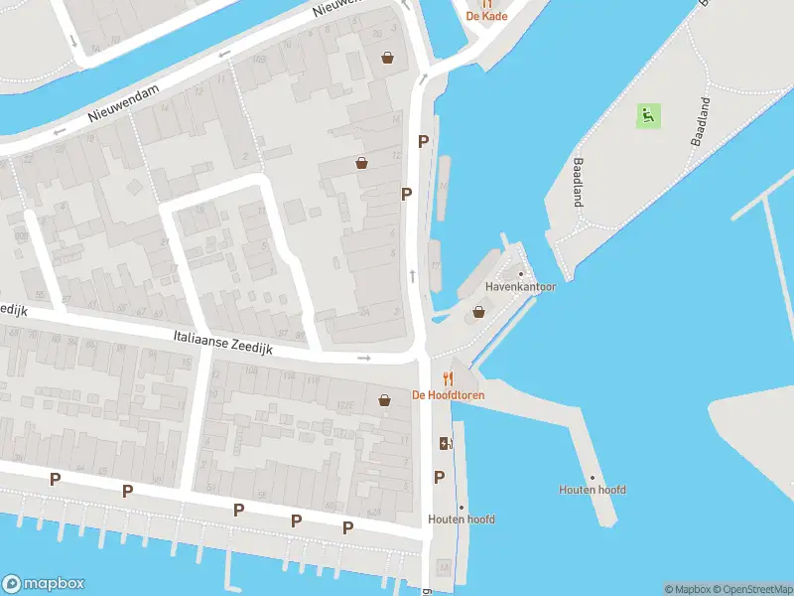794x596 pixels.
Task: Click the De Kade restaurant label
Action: click(x=487, y=17)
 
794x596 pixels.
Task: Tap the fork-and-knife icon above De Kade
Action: click(x=487, y=3)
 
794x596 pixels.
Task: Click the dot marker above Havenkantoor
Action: click(x=520, y=274)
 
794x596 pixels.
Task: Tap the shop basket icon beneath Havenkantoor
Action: click(x=479, y=311)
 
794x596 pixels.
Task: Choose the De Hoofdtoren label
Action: click(x=448, y=394)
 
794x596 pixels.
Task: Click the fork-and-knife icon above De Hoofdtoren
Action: click(x=448, y=377)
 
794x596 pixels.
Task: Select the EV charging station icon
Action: click(x=443, y=443)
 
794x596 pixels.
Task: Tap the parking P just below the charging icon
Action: click(x=439, y=478)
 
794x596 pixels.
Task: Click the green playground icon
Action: click(x=647, y=115)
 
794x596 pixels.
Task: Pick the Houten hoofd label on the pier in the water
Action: click(x=593, y=490)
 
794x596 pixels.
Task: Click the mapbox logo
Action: click(x=43, y=584)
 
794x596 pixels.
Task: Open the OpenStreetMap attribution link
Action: click(x=751, y=589)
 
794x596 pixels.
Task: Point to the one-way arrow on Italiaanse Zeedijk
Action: click(x=364, y=358)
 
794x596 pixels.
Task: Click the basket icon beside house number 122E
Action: click(x=384, y=400)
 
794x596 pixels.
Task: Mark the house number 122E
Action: click(x=346, y=404)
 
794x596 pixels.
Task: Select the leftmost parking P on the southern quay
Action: click(x=55, y=479)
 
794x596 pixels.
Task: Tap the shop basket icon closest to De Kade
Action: click(x=387, y=59)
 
